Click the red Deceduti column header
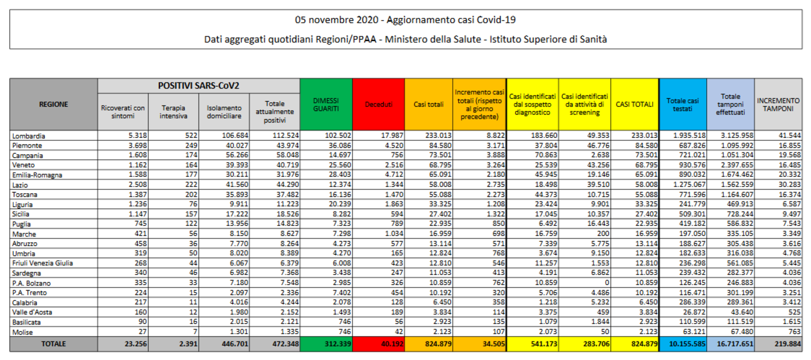tap(378, 104)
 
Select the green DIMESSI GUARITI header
tap(326, 104)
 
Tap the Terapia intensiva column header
tap(173, 112)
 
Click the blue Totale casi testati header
tap(682, 104)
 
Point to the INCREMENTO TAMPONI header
tap(778, 104)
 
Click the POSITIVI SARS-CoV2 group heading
tap(198, 86)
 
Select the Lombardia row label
tap(29, 136)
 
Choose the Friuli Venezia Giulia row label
tap(42, 263)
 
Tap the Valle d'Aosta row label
tap(32, 312)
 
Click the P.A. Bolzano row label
tap(31, 283)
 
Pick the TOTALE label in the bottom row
tap(53, 344)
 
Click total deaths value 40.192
tap(392, 344)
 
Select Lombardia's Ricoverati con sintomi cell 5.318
tap(137, 136)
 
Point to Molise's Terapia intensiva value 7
tap(195, 332)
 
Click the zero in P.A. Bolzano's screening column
tap(607, 283)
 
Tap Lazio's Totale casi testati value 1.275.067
tap(689, 185)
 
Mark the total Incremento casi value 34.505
tap(493, 344)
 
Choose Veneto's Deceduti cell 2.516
tap(394, 165)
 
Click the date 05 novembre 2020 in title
tap(336, 20)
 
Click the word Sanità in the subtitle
tap(594, 39)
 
